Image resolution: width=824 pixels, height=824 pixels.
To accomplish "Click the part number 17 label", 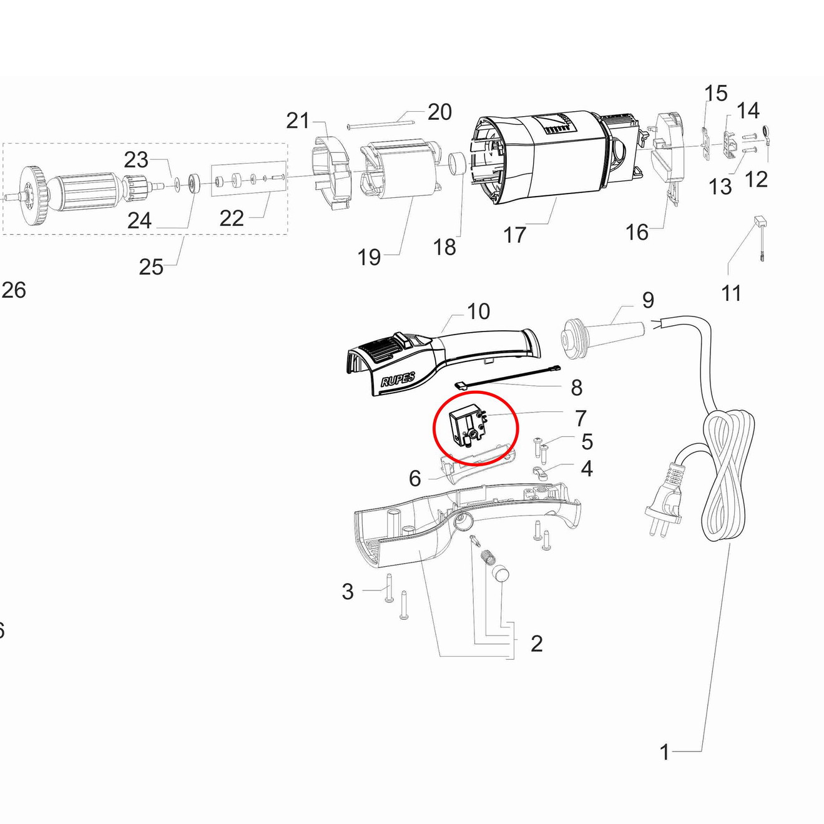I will click(x=514, y=235).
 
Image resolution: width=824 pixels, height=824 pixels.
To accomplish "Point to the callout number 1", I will click(x=664, y=752).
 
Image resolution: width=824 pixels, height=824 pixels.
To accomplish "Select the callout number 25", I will click(x=150, y=267).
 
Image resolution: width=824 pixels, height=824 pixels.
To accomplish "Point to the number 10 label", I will click(x=478, y=311).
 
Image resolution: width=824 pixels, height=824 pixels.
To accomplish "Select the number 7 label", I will click(x=581, y=418).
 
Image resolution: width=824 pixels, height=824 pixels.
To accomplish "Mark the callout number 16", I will click(x=637, y=232).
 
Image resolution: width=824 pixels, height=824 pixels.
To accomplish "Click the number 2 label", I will click(x=536, y=643).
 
